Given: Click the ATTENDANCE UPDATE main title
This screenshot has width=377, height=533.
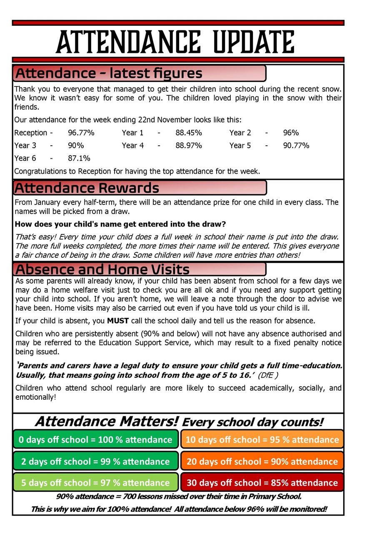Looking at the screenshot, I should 175,42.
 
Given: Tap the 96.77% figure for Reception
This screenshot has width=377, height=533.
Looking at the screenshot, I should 81,133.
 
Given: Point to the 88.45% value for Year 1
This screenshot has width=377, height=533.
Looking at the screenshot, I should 189,133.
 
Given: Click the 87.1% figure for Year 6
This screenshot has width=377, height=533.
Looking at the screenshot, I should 79,158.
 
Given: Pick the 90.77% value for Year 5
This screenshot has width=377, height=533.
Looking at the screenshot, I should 296,145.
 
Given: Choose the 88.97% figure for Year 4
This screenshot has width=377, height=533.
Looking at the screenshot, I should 189,145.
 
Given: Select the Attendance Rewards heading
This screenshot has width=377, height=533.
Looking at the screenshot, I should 87,188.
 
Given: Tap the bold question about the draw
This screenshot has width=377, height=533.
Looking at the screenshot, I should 120,224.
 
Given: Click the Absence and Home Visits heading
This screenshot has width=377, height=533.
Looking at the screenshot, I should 102,269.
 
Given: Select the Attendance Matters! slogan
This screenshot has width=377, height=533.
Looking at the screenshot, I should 107,421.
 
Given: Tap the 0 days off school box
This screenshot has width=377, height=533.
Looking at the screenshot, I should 96,440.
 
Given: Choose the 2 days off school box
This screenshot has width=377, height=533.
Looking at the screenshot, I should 96,461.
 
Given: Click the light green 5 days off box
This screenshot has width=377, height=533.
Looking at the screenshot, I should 96,483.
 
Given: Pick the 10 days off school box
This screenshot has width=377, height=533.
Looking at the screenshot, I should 262,440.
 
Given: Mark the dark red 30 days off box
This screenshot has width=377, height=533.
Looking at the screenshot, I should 262,483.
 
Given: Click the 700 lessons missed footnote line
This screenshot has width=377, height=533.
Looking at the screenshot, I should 179,497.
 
